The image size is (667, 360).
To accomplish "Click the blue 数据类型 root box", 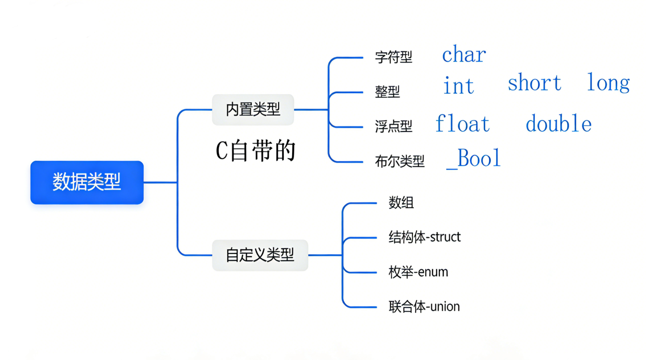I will pos(87,182).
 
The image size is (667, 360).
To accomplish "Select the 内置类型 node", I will pos(253,109).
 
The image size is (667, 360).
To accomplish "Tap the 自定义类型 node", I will pos(260,255).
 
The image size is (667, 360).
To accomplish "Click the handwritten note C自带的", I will pos(256,151).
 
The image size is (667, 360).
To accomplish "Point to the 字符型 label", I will pos(393,57).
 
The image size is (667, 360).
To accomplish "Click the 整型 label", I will pos(387,92).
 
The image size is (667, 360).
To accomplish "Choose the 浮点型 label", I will pos(393,127).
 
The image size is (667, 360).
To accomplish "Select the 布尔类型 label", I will pos(399,162).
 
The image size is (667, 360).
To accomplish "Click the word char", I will pos(464,55).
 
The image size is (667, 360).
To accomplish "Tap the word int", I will pos(459,85).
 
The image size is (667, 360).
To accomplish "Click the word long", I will pos(608,83).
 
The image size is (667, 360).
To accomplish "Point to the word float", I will pos(462,124).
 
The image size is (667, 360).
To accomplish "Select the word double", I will pos(558,124).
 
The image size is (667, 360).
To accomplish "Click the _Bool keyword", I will pos(473,159).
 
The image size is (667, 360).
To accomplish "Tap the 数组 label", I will pos(401,203).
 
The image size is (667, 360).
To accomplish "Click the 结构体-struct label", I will pos(424,237).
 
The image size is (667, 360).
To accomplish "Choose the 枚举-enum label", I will pos(418,272).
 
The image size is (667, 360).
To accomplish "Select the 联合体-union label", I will pos(424,307).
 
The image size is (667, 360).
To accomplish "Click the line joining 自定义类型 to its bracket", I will pos(325,255).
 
